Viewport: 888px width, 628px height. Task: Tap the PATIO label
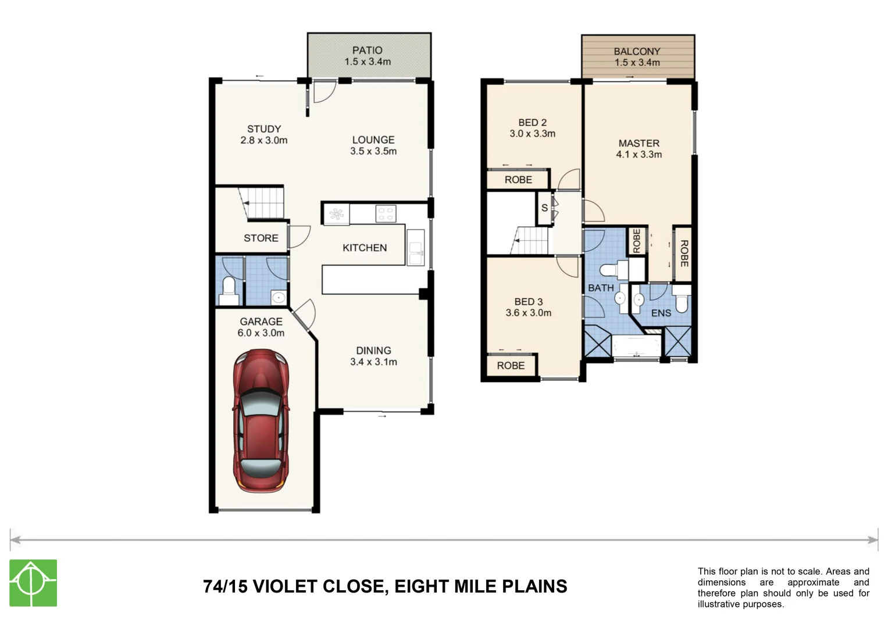[367, 51]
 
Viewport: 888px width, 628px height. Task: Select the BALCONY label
[637, 51]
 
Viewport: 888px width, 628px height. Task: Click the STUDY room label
[264, 129]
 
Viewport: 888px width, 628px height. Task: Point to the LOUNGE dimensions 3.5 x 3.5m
[373, 151]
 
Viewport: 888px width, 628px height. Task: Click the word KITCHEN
[365, 248]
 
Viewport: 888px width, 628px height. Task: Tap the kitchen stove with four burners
[385, 213]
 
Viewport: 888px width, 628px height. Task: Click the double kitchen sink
[416, 248]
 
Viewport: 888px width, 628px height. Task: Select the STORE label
[261, 238]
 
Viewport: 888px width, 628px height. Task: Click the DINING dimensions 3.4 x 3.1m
[373, 362]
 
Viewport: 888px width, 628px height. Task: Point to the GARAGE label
[261, 322]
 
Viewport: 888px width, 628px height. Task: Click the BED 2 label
[532, 123]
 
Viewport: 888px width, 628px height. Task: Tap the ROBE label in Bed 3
[511, 366]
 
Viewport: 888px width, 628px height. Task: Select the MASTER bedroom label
[639, 143]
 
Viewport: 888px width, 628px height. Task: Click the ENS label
[661, 313]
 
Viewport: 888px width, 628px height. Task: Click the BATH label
[600, 288]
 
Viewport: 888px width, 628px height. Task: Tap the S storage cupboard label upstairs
[544, 208]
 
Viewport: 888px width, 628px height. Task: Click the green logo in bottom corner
[33, 583]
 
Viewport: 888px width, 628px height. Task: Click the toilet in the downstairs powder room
[229, 288]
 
